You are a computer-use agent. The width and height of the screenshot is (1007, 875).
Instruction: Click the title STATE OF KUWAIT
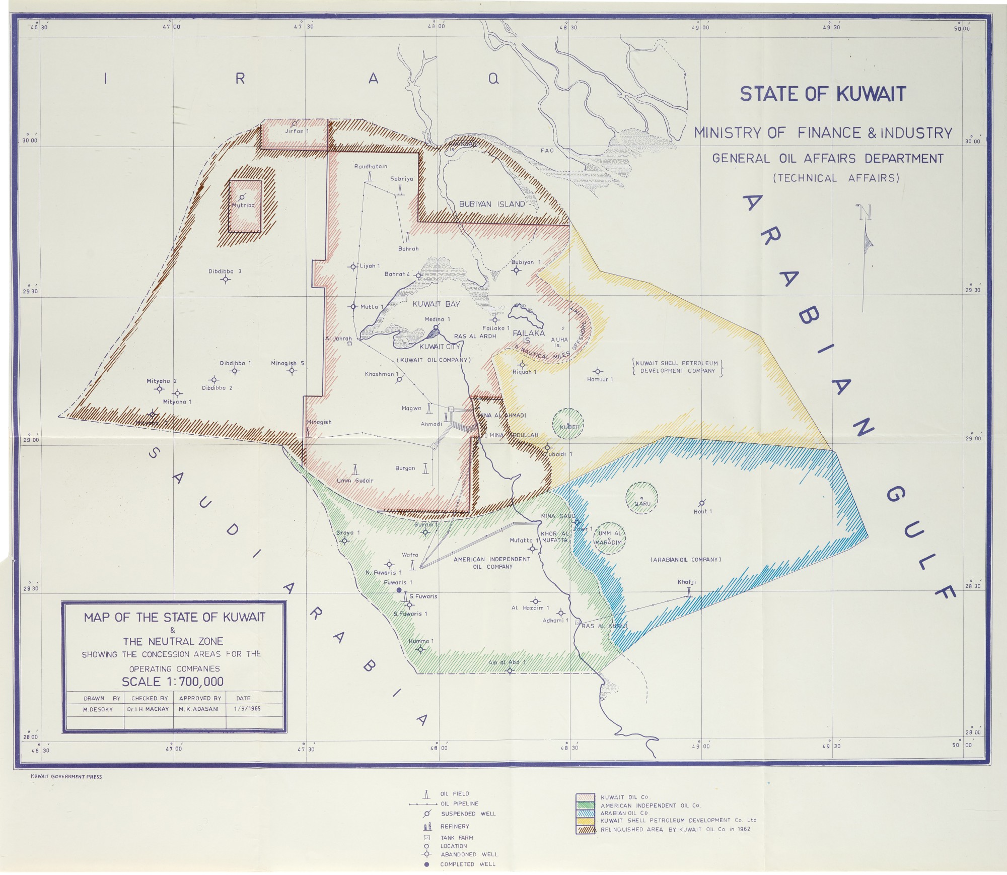coord(823,94)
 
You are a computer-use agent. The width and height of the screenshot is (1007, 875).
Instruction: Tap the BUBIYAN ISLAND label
coord(492,204)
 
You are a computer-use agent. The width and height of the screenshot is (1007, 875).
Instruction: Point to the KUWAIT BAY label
coord(436,304)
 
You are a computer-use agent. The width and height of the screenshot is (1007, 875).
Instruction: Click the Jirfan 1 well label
coord(297,131)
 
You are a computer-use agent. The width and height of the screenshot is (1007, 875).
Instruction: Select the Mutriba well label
coord(243,206)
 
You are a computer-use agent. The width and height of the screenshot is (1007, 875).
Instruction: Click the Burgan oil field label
coord(405,468)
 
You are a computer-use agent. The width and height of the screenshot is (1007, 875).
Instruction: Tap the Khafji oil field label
coord(686,582)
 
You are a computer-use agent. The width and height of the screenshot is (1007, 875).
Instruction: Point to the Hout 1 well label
coord(703,511)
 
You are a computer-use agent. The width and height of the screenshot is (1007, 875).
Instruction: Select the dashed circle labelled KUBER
coord(568,424)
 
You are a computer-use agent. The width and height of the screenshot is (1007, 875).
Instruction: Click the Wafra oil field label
coord(410,555)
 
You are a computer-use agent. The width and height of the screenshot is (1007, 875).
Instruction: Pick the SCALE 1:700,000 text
coord(173,682)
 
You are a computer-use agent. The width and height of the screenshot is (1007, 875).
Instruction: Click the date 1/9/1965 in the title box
coord(247,709)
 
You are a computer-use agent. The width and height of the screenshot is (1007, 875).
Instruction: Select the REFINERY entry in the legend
coord(455,826)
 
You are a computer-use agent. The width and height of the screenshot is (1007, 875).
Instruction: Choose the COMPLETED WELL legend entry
coord(467,864)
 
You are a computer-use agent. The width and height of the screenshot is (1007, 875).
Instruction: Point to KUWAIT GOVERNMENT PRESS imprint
coord(66,776)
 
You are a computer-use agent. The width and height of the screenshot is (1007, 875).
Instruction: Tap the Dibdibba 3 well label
coord(225,271)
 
